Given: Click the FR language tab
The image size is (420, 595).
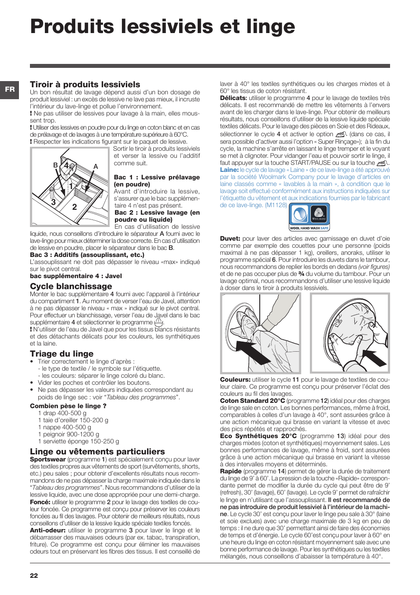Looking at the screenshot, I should tap(10, 89).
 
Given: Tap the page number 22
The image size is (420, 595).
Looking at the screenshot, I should tap(34, 575).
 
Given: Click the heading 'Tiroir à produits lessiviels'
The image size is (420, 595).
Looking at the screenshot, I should tap(85, 84).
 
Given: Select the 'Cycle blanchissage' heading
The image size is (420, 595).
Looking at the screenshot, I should tap(71, 286).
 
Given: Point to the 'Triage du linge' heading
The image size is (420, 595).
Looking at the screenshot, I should tap(62, 353).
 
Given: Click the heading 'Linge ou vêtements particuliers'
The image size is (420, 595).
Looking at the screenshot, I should tap(97, 451).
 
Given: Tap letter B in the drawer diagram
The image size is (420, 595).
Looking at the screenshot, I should tap(55, 165).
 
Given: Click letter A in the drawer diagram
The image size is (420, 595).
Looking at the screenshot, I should tap(96, 167).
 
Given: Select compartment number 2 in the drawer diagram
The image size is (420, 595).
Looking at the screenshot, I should tap(74, 207).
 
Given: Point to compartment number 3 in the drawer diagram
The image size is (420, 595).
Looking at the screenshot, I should tap(53, 202).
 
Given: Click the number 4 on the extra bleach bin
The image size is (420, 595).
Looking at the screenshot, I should tap(66, 166).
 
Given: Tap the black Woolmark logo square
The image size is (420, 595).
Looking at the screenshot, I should tap(319, 215).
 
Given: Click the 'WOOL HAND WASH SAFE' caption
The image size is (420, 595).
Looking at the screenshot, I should tap(309, 228).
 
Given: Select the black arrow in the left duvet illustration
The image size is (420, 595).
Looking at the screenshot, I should tap(254, 351).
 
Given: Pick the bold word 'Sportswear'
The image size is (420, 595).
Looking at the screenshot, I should tap(48, 459).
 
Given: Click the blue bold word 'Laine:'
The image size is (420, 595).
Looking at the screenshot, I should tap(229, 170).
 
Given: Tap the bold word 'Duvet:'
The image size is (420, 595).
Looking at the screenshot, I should tap(230, 238).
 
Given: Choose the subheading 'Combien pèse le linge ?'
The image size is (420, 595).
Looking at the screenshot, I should tap(68, 406).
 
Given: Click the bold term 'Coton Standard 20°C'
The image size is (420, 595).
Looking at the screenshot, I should tap(252, 401).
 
